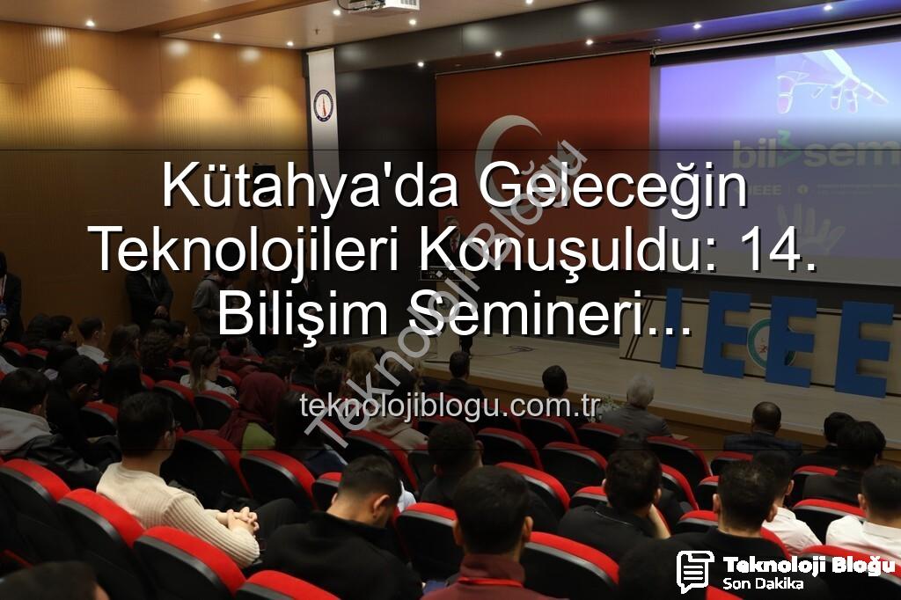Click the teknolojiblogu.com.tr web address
click(x=450, y=406)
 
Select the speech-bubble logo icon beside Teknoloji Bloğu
click(x=695, y=571)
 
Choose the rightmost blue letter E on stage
click(x=862, y=349)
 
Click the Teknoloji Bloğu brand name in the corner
click(x=808, y=566)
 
